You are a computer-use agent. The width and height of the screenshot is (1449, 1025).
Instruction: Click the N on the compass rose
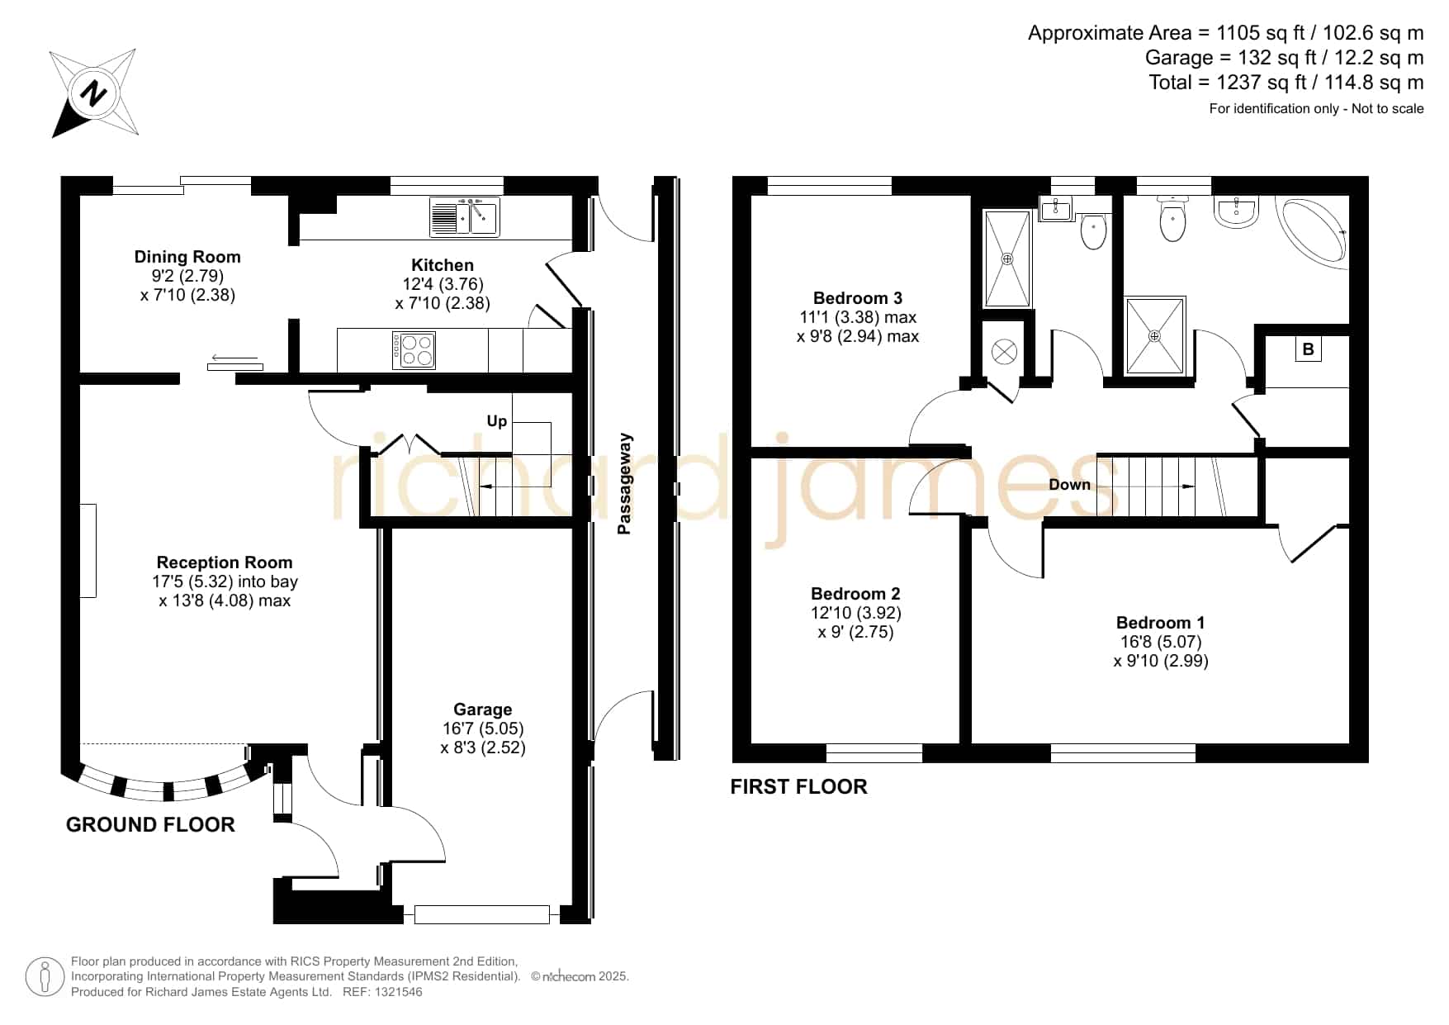[92, 93]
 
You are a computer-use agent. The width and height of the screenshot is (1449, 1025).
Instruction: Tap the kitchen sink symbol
[464, 217]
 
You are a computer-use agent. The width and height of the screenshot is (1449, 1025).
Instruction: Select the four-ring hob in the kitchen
[414, 349]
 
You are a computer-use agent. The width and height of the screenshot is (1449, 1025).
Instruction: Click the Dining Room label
[187, 257]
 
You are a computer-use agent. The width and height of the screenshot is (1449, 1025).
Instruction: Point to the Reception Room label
[225, 562]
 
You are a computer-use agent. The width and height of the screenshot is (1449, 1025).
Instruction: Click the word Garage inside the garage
[483, 709]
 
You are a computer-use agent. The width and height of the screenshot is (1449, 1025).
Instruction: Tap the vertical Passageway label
[625, 484]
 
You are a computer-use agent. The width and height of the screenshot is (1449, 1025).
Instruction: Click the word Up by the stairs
[497, 421]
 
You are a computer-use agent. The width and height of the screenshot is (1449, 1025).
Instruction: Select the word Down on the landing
[1070, 485]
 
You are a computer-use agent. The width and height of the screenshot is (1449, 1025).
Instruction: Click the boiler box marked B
[1308, 349]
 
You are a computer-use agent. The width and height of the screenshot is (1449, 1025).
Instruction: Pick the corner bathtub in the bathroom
[1313, 232]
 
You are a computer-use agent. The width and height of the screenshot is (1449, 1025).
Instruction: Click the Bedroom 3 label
[858, 298]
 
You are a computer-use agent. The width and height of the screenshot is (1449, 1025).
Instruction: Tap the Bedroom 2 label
[855, 594]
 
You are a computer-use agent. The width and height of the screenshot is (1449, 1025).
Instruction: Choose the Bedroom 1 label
[1161, 623]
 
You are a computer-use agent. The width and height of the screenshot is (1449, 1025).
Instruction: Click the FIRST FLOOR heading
[798, 787]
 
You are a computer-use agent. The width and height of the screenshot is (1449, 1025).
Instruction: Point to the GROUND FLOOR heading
[150, 825]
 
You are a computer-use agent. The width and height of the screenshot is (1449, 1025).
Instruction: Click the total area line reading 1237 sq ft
[1286, 83]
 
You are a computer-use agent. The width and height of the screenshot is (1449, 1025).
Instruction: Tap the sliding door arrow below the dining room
[234, 358]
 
